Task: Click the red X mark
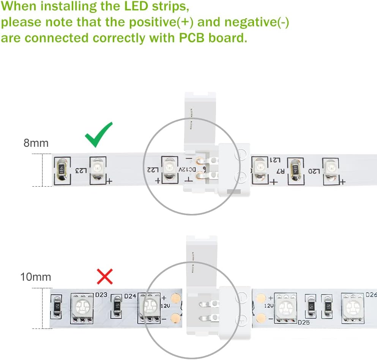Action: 105,277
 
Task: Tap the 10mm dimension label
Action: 36,277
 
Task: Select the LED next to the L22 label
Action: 168,167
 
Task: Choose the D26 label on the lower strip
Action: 371,294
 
